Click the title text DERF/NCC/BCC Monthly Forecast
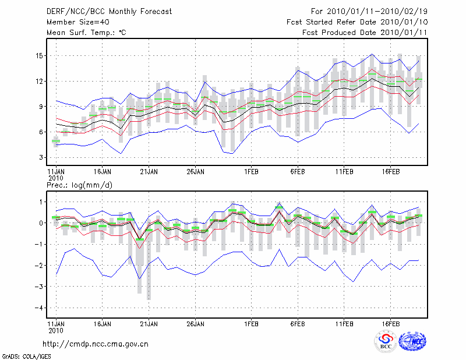pyautogui.click(x=109, y=11)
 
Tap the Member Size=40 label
pyautogui.click(x=76, y=22)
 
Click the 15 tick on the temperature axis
pyautogui.click(x=38, y=56)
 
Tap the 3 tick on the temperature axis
pyautogui.click(x=41, y=157)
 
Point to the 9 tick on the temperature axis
pyautogui.click(x=41, y=107)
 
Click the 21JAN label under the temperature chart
pyautogui.click(x=149, y=172)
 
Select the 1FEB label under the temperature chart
pyautogui.click(x=251, y=172)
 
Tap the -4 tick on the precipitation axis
pyautogui.click(x=38, y=308)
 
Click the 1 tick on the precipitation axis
pyautogui.click(x=41, y=202)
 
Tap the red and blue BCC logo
pyautogui.click(x=386, y=341)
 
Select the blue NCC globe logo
pyautogui.click(x=412, y=341)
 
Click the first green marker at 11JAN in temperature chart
pyautogui.click(x=56, y=141)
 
